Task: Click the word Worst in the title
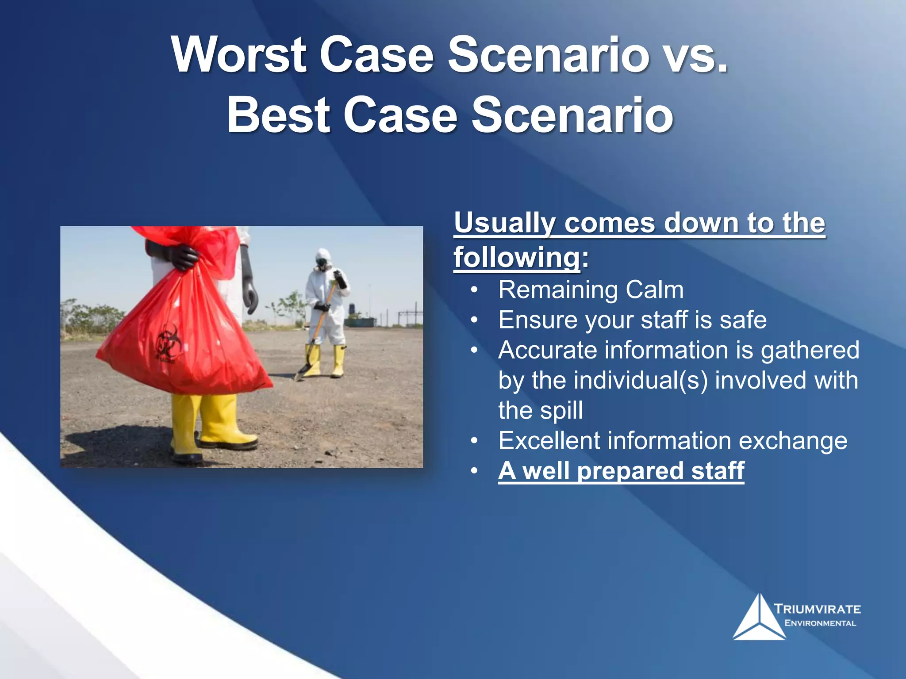point(239,55)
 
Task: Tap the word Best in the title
point(279,115)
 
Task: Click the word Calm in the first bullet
point(654,290)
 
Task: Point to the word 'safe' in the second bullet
point(743,320)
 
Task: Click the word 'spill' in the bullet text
point(562,411)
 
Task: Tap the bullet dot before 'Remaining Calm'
point(474,290)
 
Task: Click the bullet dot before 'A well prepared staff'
point(474,471)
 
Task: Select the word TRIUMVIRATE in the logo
point(818,609)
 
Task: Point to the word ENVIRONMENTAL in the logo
point(820,623)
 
